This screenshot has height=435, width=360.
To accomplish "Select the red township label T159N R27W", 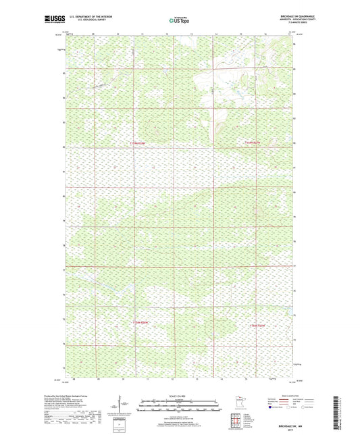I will coord(253,143).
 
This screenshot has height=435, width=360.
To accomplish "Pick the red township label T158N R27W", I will coord(259,326).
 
